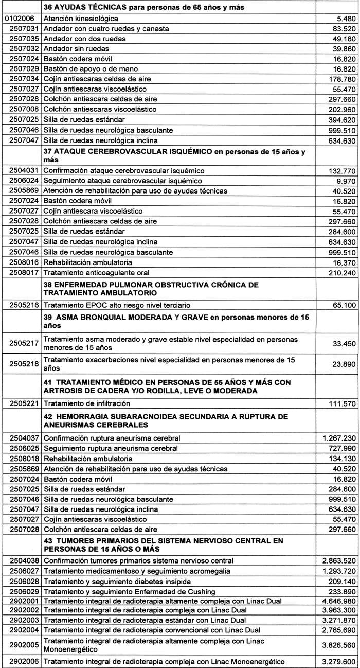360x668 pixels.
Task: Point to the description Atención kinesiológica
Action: tap(81, 19)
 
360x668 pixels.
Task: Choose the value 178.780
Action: tap(340, 79)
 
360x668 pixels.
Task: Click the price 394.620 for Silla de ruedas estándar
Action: tap(340, 119)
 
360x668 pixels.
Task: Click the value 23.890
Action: tap(342, 364)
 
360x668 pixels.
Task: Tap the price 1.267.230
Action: tap(337, 438)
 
